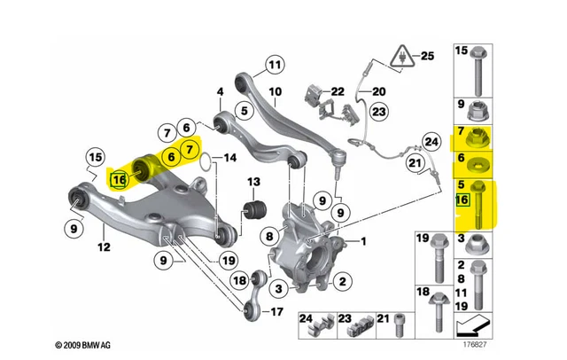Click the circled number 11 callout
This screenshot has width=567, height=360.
276,64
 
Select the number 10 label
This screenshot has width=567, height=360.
276,91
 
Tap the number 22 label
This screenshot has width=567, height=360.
337,91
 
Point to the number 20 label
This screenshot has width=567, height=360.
378,91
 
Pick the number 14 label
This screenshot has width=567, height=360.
230,160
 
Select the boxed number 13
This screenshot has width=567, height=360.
253,183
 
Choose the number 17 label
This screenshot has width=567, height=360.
276,311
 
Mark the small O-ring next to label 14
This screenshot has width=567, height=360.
205,160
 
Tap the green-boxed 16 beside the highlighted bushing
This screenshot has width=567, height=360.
119,180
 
